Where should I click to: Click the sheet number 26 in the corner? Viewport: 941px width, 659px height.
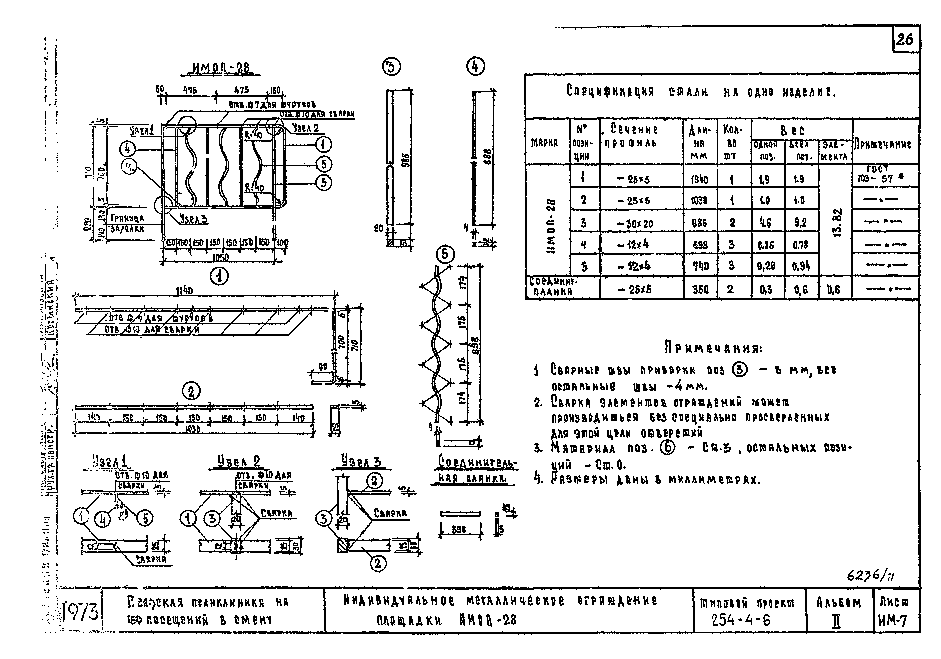tap(905, 40)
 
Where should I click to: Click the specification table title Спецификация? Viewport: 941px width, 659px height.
tap(610, 91)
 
